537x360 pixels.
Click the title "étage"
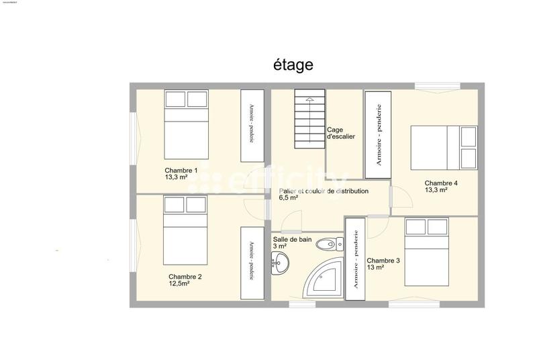click(x=293, y=64)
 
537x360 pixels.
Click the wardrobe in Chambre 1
click(x=252, y=126)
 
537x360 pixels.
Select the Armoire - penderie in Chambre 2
click(x=252, y=263)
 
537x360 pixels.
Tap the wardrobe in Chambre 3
click(x=355, y=259)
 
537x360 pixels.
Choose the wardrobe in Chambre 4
click(x=378, y=134)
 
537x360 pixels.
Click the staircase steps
click(x=309, y=120)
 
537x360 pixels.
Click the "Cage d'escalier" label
click(x=340, y=133)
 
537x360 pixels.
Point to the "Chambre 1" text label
click(x=181, y=171)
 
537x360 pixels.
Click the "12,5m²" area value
click(x=179, y=284)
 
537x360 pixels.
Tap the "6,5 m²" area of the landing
click(x=289, y=199)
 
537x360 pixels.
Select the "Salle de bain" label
click(x=290, y=238)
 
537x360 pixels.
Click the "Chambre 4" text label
click(x=441, y=183)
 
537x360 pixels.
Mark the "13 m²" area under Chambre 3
click(x=376, y=267)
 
